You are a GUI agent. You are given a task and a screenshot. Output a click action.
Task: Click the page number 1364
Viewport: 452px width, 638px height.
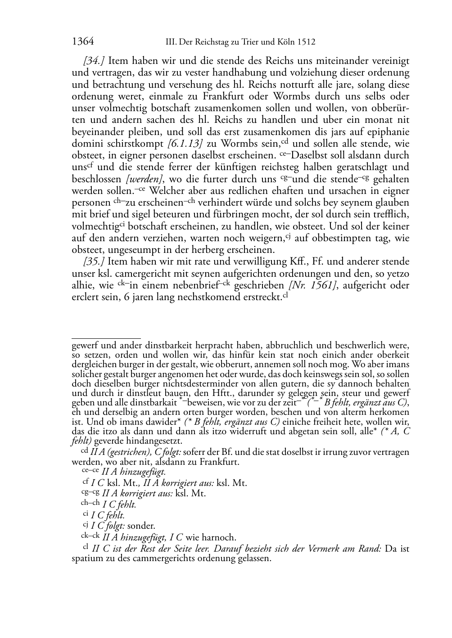tap(83, 42)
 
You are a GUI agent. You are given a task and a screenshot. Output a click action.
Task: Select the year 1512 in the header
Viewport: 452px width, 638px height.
tap(306, 42)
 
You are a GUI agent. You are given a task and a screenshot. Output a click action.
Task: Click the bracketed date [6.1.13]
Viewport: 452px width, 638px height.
tap(182, 144)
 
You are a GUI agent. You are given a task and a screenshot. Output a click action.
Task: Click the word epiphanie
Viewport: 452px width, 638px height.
tap(388, 132)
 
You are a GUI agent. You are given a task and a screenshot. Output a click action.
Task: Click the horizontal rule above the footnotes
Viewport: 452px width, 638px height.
tap(106, 338)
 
